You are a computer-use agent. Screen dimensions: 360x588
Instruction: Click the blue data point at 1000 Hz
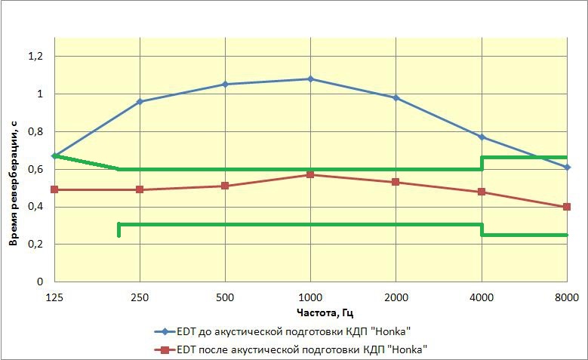[310, 78]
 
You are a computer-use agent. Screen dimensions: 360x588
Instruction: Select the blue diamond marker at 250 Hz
[140, 101]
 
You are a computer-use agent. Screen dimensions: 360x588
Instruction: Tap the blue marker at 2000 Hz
[396, 97]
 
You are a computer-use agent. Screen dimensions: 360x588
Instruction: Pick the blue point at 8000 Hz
[567, 167]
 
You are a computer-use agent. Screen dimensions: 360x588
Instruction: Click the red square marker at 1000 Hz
[310, 174]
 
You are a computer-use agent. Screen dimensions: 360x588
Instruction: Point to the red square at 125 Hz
[54, 189]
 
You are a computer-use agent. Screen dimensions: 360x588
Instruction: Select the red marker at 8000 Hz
[567, 207]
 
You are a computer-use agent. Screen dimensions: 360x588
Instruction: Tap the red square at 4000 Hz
[482, 192]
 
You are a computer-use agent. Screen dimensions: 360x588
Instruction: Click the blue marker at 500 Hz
[225, 85]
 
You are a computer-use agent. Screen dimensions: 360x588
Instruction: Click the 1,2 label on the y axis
[36, 57]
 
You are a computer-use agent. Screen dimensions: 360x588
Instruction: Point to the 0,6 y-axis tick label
[36, 169]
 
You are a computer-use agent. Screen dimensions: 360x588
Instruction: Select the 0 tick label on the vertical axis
[41, 282]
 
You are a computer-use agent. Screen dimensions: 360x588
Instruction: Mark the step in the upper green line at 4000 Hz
[482, 163]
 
